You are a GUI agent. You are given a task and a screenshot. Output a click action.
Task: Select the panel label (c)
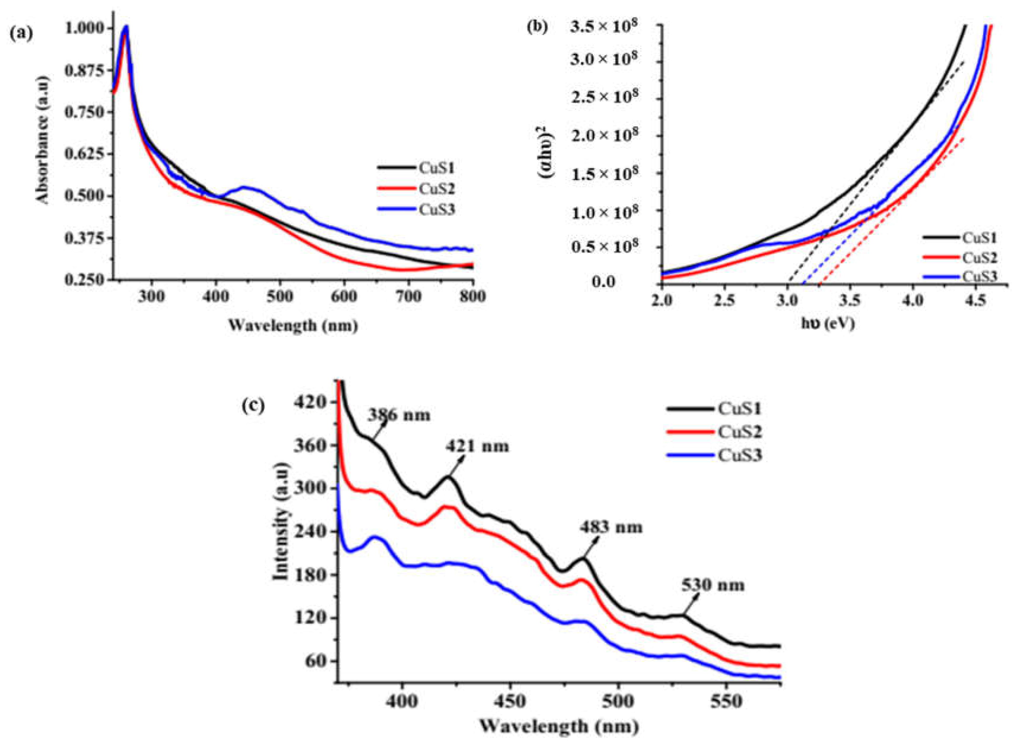pos(254,406)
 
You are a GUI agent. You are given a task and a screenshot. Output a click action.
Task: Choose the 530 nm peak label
pos(713,585)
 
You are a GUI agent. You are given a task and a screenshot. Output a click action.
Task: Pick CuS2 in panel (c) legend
pos(740,432)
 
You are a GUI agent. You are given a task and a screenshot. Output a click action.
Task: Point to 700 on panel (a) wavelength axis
pos(409,297)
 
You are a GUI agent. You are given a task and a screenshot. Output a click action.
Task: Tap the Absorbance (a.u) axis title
pos(43,140)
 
